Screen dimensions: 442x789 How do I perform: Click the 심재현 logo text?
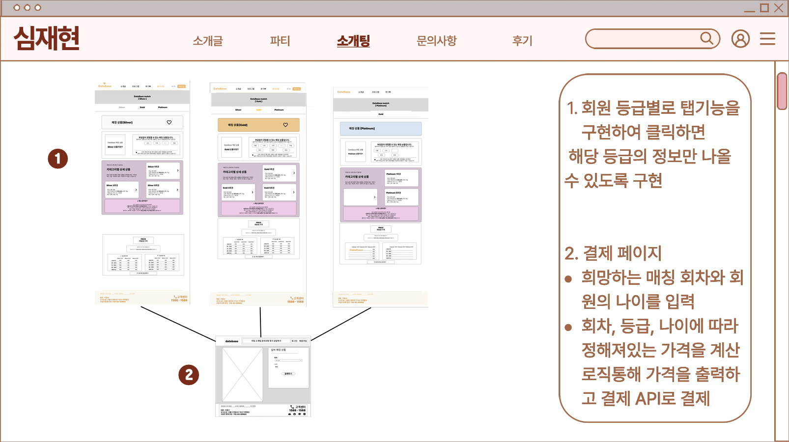(47, 38)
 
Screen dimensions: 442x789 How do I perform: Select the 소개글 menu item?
(207, 41)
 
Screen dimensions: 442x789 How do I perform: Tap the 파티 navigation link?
(280, 41)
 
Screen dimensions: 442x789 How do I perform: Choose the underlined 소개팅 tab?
(353, 41)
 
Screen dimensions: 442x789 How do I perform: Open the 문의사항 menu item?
(436, 41)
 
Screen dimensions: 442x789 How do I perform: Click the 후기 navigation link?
(522, 41)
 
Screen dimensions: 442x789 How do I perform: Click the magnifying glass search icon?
(706, 38)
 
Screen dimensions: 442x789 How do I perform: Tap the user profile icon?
(740, 39)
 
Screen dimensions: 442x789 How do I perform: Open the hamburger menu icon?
(767, 39)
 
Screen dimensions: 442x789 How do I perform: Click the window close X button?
(779, 8)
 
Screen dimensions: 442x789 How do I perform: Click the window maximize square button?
(764, 8)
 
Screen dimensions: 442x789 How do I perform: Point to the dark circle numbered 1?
(57, 159)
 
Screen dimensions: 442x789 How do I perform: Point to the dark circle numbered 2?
(189, 375)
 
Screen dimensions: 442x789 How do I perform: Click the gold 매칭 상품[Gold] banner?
(258, 125)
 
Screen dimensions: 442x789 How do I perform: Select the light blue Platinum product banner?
(381, 129)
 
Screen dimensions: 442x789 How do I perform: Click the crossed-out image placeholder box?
(242, 374)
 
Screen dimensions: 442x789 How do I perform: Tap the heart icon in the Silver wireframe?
(169, 122)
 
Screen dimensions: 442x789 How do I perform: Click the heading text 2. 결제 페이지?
(613, 253)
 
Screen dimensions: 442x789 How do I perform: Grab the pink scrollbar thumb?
(782, 91)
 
